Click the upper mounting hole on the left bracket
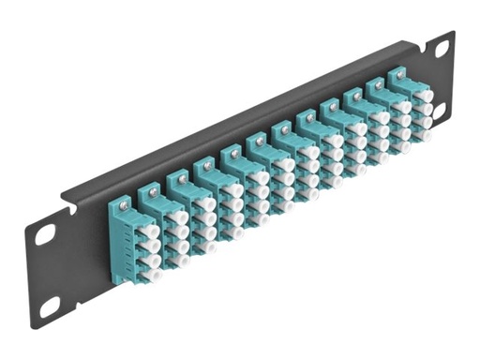tap(45, 235)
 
